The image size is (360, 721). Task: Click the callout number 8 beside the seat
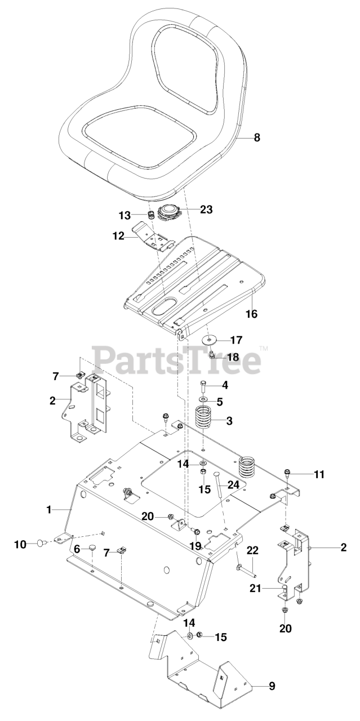257,137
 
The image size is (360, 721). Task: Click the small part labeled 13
150,215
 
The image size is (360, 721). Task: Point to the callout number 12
119,236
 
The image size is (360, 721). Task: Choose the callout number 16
252,314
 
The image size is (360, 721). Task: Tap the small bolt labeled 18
212,355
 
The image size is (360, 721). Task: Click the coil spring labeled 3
205,417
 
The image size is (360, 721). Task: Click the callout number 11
319,474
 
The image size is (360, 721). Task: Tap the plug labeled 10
40,544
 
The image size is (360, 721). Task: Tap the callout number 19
196,546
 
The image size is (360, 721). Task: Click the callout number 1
49,510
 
